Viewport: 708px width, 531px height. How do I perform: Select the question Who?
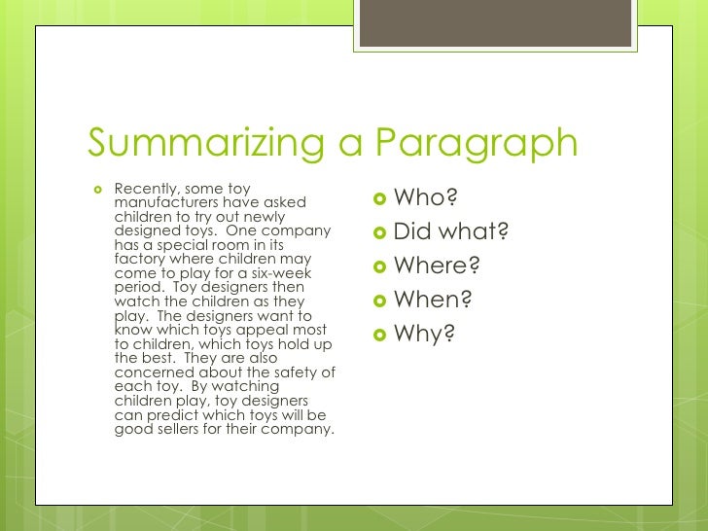coord(425,199)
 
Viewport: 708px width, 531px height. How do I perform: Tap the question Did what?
coord(451,232)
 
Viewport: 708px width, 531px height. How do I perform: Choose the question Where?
coord(437,266)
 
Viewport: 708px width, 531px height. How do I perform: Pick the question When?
coord(433,301)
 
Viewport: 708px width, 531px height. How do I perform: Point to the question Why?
coord(424,335)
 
